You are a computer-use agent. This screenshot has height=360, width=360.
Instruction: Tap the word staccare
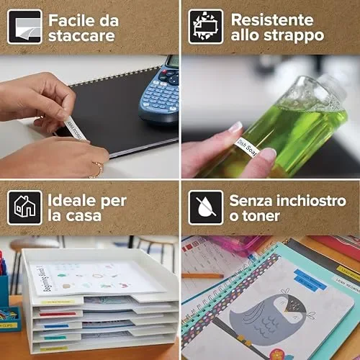coord(81,35)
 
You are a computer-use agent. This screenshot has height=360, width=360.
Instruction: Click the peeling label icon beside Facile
coord(24,27)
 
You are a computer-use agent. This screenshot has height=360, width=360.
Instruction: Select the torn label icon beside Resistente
coord(205,27)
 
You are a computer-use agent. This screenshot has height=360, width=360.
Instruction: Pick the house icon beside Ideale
coord(24,207)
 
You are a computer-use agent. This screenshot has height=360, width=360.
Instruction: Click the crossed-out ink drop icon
coord(205,207)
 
